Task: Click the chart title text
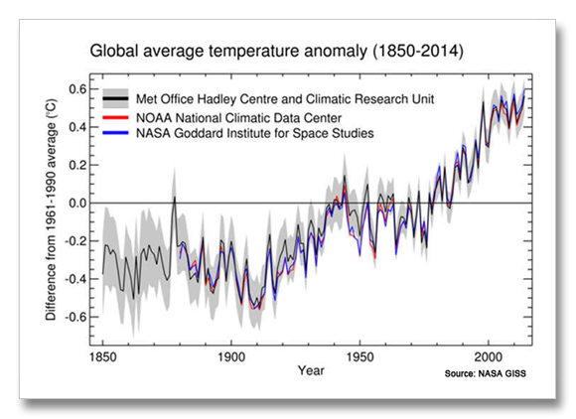277,51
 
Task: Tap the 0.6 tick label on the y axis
77,89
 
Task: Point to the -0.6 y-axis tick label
75,317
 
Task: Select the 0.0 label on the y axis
77,203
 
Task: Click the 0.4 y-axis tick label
77,127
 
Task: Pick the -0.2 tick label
75,241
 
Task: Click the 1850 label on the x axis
103,356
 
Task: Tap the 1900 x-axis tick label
231,356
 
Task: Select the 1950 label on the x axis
360,356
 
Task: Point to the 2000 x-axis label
489,356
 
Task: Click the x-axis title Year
311,370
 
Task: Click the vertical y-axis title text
51,209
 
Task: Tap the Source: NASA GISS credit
486,374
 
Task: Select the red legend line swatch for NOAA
115,117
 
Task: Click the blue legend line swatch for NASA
115,133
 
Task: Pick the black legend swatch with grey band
115,98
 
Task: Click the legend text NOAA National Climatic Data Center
238,118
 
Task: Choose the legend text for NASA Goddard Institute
255,133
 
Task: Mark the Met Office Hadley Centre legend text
285,99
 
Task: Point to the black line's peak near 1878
175,197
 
